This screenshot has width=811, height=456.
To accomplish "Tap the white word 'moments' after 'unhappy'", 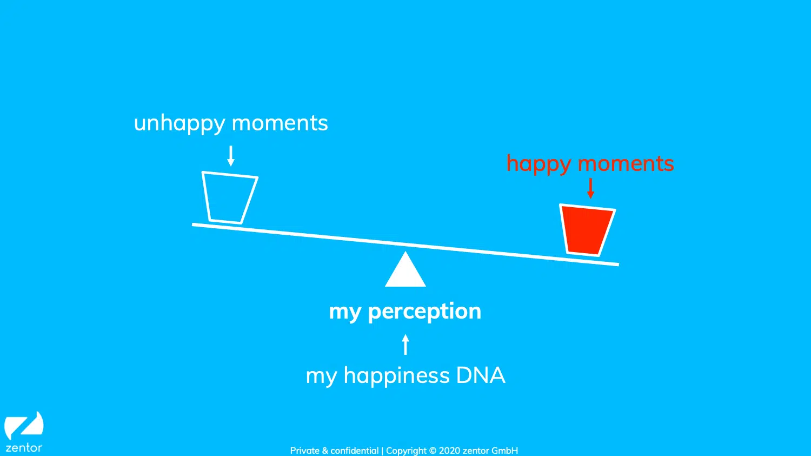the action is tap(280, 123).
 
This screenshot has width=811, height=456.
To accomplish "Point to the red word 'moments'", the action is tap(626, 163).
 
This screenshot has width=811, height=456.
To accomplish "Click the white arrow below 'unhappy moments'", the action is tap(231, 156).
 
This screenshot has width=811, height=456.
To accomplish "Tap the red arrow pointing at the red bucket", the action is tap(590, 188).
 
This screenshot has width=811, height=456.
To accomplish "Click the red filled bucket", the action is tap(587, 230).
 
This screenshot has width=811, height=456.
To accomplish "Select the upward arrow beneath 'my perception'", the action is tap(405, 344).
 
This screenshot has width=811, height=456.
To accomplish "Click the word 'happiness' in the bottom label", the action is tap(396, 375).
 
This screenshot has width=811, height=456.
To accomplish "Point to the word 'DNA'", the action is tap(481, 375).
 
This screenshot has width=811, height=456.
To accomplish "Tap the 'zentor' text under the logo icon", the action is tap(24, 448).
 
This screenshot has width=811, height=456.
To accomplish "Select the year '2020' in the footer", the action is tap(449, 451).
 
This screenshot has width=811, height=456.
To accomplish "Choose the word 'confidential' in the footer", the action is tap(355, 451).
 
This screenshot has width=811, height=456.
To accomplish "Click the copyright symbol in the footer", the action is tap(433, 451).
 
